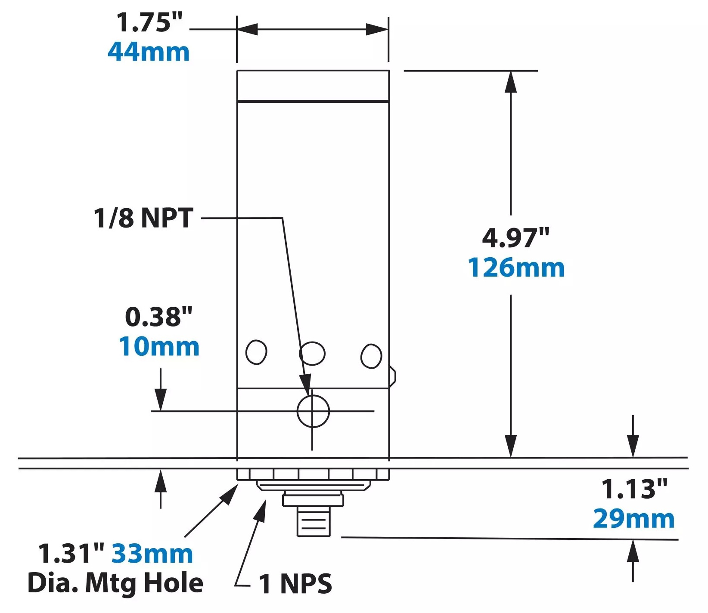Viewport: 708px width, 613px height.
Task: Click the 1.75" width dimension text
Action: pyautogui.click(x=149, y=22)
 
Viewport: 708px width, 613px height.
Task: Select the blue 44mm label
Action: pyautogui.click(x=149, y=52)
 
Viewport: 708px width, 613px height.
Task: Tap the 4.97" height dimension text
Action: pyautogui.click(x=515, y=237)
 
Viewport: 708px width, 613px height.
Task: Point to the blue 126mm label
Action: pyautogui.click(x=516, y=268)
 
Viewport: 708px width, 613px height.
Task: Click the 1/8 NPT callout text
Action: pyautogui.click(x=144, y=218)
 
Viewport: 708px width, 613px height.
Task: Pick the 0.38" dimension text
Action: pyautogui.click(x=158, y=317)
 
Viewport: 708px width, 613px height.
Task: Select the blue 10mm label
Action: pyautogui.click(x=159, y=346)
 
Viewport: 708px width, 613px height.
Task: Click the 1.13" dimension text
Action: pyautogui.click(x=634, y=489)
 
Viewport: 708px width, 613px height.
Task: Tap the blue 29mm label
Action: pyautogui.click(x=634, y=519)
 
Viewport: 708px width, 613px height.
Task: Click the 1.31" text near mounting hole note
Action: pyautogui.click(x=71, y=553)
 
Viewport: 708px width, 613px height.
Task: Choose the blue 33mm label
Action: pyautogui.click(x=152, y=554)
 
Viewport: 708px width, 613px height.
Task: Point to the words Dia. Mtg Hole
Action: pyautogui.click(x=115, y=583)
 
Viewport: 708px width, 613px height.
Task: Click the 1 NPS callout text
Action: pyautogui.click(x=295, y=584)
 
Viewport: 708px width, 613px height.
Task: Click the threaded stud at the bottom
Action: pyautogui.click(x=314, y=521)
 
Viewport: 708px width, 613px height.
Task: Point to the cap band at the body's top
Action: pyautogui.click(x=313, y=86)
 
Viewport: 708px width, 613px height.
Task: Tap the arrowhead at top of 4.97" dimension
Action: pyautogui.click(x=511, y=82)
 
